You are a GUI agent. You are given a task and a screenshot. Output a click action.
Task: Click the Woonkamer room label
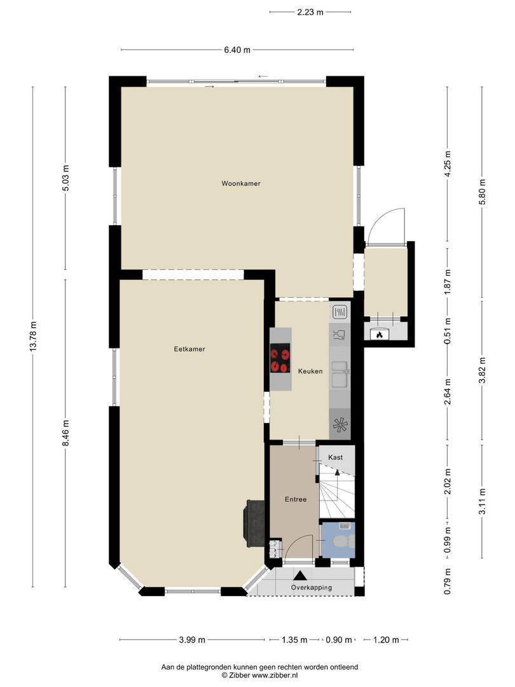[241, 184]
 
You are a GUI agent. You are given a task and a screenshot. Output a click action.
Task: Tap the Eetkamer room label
[189, 349]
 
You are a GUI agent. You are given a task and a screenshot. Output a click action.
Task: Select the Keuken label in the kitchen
[310, 371]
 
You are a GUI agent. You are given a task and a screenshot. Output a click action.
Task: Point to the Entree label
[295, 499]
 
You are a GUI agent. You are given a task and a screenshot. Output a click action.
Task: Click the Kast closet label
[336, 457]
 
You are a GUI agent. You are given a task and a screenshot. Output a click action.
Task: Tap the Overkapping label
[312, 588]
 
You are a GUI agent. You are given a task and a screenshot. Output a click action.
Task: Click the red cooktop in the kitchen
[280, 358]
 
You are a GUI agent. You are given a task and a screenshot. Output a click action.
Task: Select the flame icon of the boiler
[379, 335]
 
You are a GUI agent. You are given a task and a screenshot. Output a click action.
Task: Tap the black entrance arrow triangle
[300, 576]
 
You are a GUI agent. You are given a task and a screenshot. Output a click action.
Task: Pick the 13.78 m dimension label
[33, 336]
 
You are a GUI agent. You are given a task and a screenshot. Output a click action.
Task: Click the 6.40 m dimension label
[237, 50]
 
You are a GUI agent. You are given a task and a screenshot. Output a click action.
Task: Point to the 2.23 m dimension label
[310, 12]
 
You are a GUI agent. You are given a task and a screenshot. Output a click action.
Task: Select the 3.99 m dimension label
[192, 640]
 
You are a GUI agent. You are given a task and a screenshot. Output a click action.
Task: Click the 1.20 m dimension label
[386, 640]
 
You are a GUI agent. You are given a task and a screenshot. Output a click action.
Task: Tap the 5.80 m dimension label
[482, 192]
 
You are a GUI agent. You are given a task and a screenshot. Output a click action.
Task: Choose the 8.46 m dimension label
[65, 433]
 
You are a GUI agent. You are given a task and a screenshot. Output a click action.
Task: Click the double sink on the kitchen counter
[340, 374]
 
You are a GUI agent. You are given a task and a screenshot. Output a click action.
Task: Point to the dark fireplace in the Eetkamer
[254, 523]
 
